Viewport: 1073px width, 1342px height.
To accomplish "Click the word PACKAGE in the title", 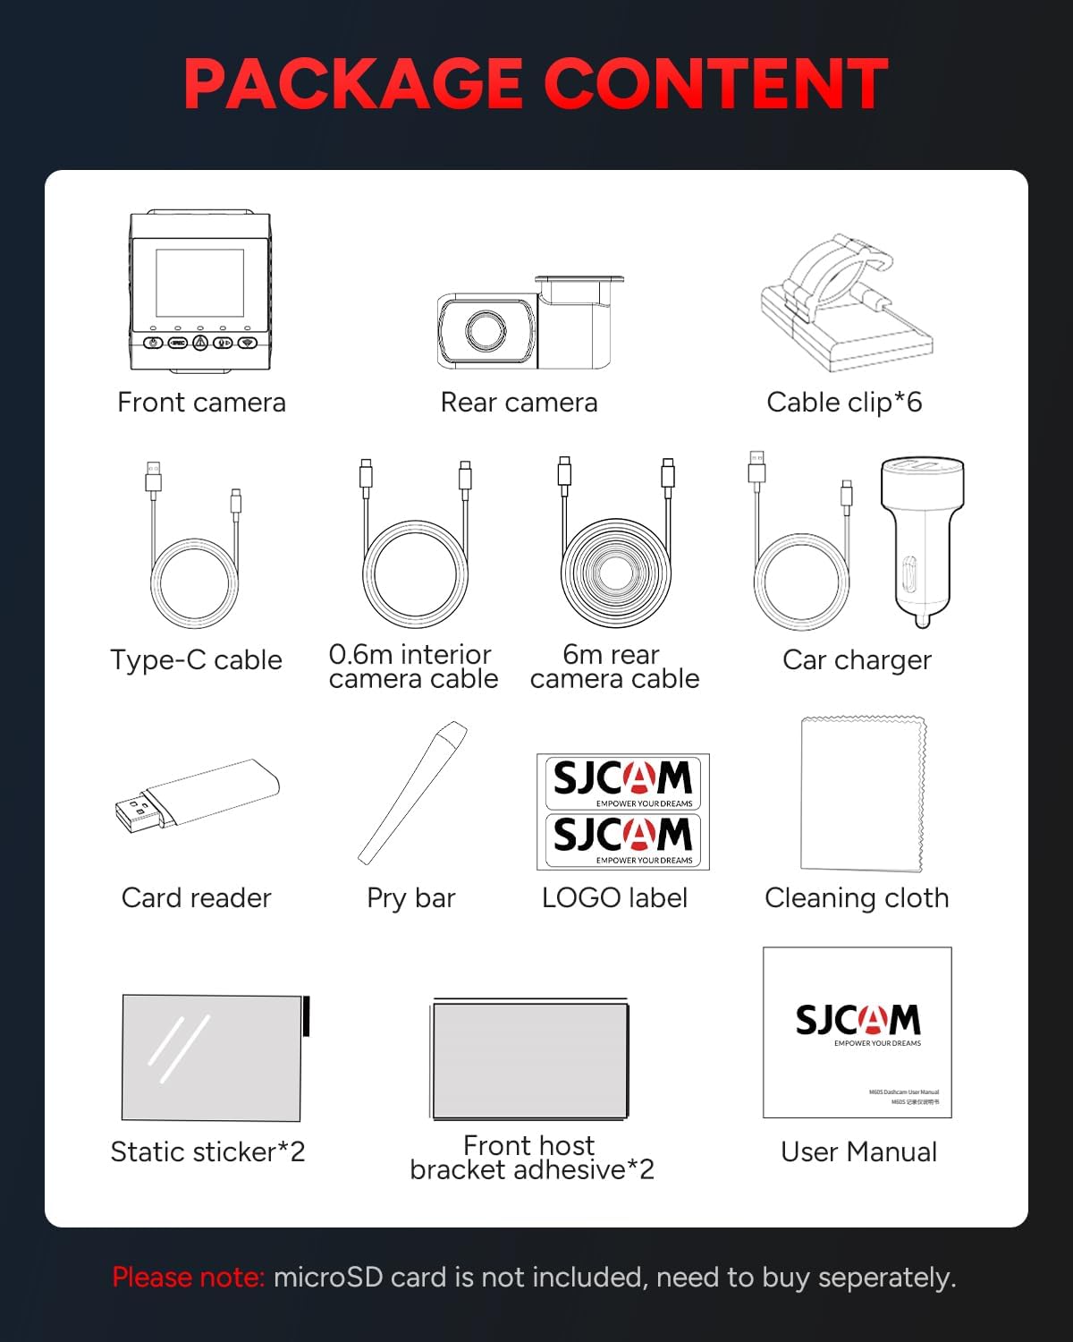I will click(354, 84).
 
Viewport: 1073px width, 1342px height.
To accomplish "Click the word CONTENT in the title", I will click(715, 84).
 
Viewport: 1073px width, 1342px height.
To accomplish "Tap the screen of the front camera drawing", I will click(199, 282).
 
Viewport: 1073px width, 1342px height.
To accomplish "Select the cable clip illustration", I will click(845, 304).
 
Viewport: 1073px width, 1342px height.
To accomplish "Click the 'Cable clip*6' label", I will click(844, 403).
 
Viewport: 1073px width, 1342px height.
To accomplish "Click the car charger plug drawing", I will click(921, 537).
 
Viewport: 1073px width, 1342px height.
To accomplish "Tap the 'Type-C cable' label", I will click(196, 660).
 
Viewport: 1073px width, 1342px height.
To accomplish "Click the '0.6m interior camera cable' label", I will click(412, 667).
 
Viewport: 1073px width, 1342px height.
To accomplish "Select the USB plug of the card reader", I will click(136, 812).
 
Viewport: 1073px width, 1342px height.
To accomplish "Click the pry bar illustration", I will click(413, 792).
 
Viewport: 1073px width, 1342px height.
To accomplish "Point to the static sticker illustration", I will click(212, 1057).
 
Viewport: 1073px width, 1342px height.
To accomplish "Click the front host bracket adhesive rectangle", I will click(530, 1060).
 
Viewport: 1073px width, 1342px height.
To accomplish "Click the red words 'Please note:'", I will click(189, 1278).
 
